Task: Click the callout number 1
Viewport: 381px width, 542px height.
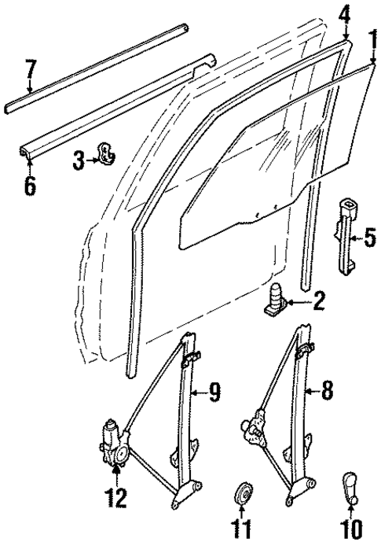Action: pyautogui.click(x=372, y=39)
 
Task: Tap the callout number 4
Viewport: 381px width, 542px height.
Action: pyautogui.click(x=345, y=14)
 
